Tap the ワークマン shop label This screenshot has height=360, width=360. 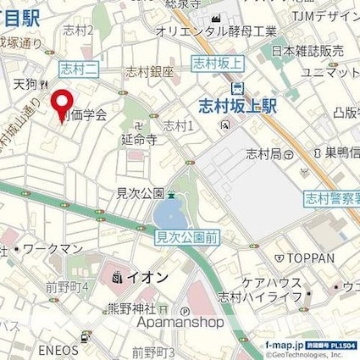coord(53,249)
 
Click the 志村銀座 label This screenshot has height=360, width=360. coord(149,73)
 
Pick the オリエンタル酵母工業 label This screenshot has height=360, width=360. coord(216,31)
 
